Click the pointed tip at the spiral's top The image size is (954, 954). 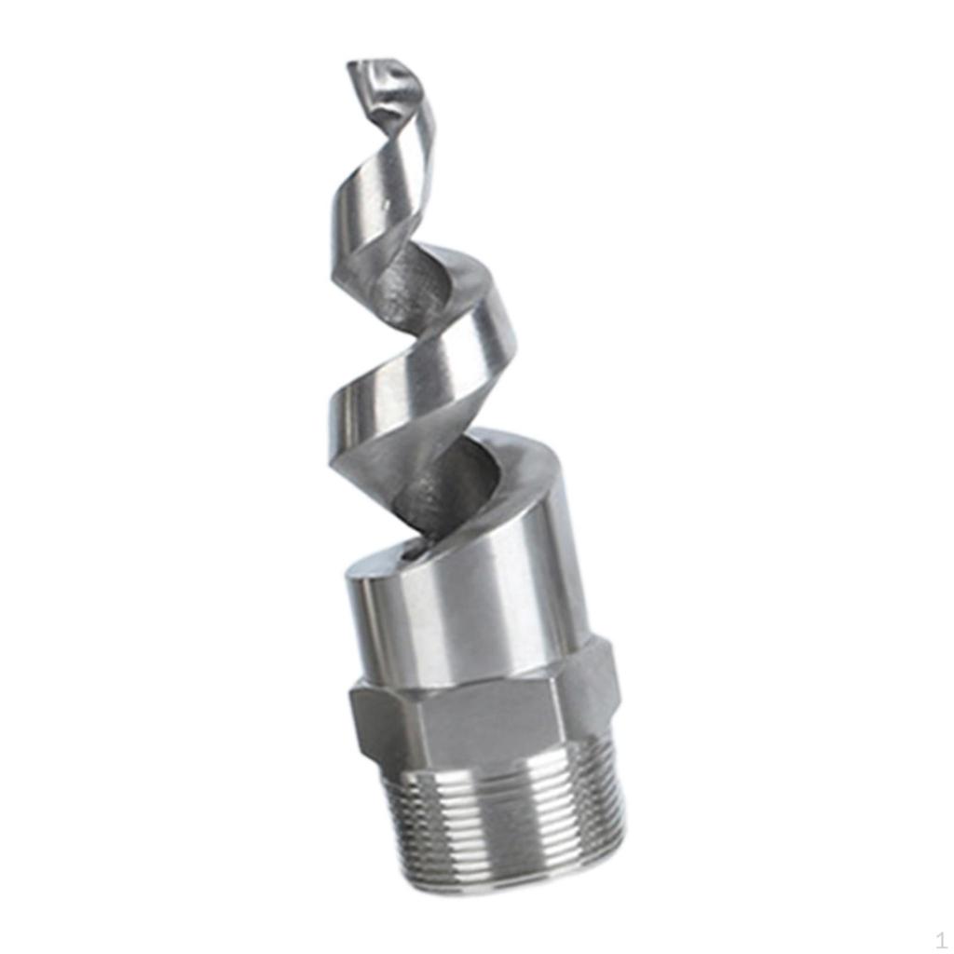click(x=358, y=67)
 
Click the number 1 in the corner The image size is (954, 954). click(x=941, y=940)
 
